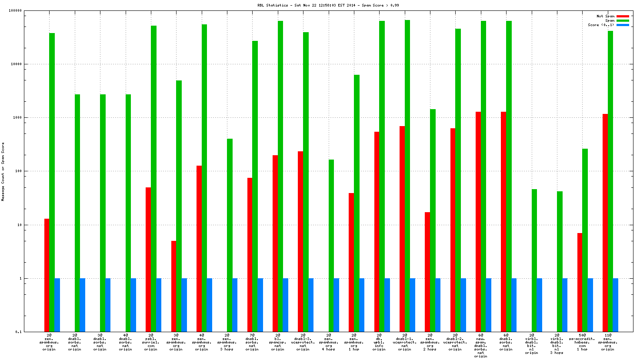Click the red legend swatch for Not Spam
(x=623, y=16)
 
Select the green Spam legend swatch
(x=623, y=20)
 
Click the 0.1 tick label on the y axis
(x=18, y=332)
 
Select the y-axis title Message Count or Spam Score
(x=3, y=172)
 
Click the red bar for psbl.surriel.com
(x=148, y=259)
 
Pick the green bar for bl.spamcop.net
(x=280, y=176)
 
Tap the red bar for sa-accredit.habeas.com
(x=580, y=282)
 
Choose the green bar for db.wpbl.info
(x=382, y=176)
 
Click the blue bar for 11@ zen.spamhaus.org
(x=616, y=305)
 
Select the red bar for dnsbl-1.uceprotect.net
(x=402, y=229)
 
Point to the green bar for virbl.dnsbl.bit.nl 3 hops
(x=560, y=261)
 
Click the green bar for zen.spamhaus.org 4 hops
(x=331, y=246)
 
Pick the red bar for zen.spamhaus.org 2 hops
(x=427, y=272)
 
